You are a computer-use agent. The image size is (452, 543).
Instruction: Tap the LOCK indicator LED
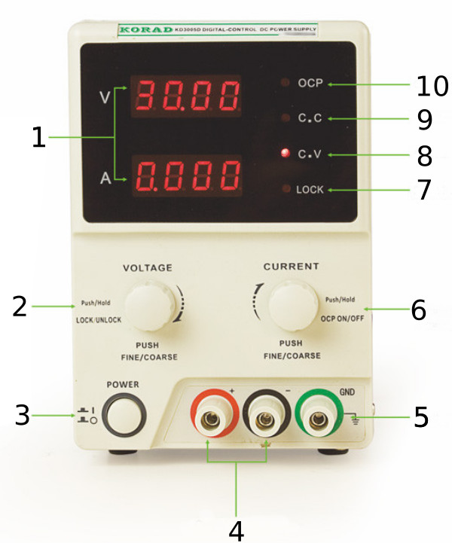coord(286,189)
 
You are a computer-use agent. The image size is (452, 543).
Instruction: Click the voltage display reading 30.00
coord(187,95)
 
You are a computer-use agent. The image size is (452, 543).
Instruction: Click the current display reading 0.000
coord(187,175)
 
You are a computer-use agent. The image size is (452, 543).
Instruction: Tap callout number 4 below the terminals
coord(237,529)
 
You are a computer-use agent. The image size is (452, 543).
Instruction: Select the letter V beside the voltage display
coord(104,98)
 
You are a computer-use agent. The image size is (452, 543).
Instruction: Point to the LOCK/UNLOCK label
coord(99,320)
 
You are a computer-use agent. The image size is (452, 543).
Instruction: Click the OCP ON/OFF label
coord(344,319)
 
